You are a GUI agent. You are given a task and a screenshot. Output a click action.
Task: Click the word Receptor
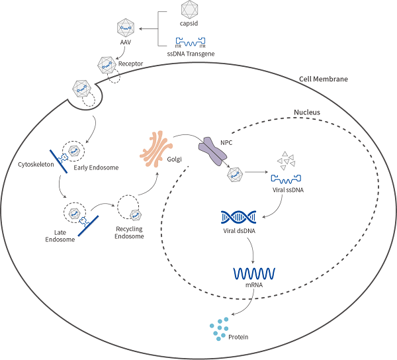click(x=130, y=64)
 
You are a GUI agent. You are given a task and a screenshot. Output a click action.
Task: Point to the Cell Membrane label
click(x=324, y=79)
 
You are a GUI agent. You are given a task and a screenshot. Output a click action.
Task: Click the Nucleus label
click(x=306, y=112)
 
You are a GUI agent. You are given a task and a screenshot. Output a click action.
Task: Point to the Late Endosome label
click(x=65, y=235)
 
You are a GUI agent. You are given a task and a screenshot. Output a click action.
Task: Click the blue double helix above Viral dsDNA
click(x=238, y=217)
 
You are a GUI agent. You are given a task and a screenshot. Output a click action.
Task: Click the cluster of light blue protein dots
click(x=222, y=327)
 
